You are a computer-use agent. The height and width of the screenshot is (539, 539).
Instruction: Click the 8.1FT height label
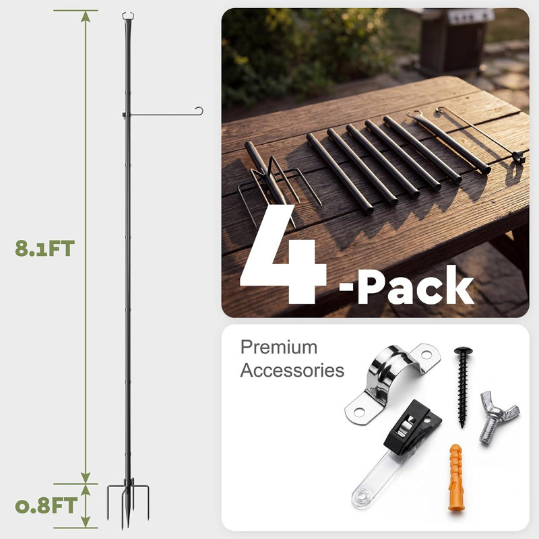pos(44,249)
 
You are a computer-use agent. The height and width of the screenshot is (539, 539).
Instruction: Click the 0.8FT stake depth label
pos(46,505)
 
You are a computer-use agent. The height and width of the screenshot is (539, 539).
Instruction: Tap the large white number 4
pos(282,255)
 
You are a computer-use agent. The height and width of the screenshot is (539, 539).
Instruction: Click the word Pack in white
pos(416,285)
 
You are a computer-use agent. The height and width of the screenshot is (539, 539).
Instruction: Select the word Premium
pos(279,347)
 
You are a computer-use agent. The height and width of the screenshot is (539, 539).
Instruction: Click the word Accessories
pos(292,371)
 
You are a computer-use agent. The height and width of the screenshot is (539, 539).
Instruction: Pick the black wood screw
pos(463,387)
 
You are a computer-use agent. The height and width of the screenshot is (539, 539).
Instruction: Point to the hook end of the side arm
pos(199,110)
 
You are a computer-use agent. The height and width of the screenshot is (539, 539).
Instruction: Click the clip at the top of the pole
pos(128,15)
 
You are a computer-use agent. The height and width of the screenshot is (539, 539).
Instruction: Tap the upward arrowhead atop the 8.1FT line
pos(86,16)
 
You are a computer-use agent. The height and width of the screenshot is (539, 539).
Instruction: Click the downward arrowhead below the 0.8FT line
pos(86,521)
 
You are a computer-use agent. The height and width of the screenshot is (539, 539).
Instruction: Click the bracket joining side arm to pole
pos(125,115)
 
